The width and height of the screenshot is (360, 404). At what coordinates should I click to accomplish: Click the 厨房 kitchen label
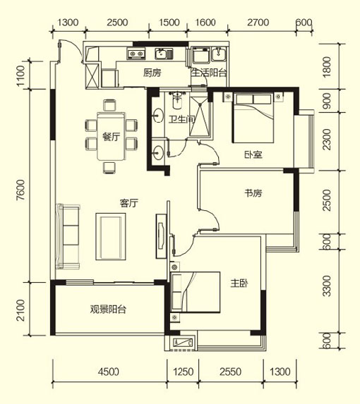[152, 73]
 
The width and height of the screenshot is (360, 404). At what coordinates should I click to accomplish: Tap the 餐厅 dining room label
[111, 137]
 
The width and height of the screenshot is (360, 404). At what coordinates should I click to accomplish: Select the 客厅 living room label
[129, 203]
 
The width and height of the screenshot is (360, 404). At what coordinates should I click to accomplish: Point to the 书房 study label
[253, 193]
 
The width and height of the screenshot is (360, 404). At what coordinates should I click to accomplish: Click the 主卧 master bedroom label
[239, 283]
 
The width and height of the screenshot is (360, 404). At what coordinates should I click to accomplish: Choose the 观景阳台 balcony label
[108, 309]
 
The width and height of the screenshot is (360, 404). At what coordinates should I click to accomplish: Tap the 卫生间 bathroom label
[182, 119]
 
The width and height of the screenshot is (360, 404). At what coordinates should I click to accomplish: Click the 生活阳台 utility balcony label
[209, 73]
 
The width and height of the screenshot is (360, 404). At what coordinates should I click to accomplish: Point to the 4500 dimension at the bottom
[108, 372]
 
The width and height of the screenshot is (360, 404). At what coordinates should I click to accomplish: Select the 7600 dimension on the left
[20, 190]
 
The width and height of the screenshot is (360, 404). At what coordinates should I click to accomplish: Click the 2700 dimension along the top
[258, 23]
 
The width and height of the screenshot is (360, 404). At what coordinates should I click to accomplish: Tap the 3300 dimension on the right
[327, 286]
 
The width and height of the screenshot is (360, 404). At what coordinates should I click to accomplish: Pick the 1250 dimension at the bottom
[183, 372]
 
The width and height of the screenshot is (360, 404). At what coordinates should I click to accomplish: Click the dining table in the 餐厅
[111, 137]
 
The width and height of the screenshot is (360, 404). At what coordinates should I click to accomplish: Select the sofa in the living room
[68, 236]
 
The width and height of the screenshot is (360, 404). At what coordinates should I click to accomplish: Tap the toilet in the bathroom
[177, 100]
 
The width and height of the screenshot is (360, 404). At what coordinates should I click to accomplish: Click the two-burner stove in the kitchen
[136, 54]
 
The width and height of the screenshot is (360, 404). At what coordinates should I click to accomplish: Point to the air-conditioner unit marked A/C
[183, 342]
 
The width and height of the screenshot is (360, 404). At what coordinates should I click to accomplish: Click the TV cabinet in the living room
[161, 236]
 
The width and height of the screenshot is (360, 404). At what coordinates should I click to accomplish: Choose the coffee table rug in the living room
[111, 236]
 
